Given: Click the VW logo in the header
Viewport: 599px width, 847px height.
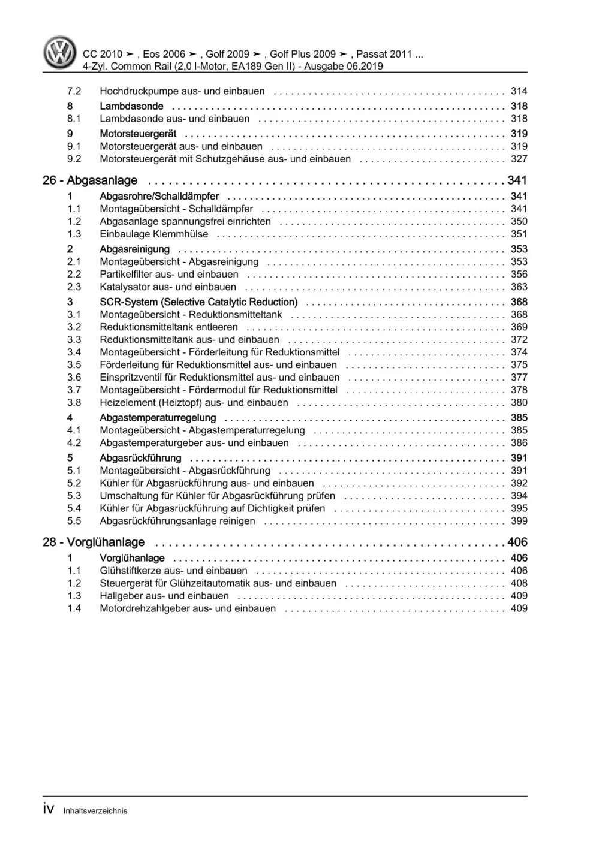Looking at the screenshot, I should pyautogui.click(x=60, y=53).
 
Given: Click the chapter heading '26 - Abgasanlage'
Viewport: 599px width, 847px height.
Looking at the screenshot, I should pyautogui.click(x=90, y=180).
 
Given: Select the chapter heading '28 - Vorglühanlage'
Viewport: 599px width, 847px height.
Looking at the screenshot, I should pyautogui.click(x=94, y=542).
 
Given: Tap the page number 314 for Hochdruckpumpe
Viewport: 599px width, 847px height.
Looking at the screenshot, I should pyautogui.click(x=519, y=91).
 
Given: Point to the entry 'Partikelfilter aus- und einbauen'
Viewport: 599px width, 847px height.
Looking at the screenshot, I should pyautogui.click(x=169, y=275).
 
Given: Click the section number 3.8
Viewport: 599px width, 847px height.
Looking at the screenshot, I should pyautogui.click(x=74, y=403).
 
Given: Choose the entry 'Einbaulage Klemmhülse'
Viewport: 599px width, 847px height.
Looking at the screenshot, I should pyautogui.click(x=154, y=234).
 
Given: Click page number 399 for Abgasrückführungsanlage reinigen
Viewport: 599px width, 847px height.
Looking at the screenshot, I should pyautogui.click(x=519, y=521).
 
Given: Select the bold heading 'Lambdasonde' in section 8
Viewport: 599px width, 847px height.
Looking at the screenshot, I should pyautogui.click(x=131, y=106).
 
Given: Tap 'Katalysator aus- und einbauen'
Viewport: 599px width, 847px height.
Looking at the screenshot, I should pyautogui.click(x=168, y=287).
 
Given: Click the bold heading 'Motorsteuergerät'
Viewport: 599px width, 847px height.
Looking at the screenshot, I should pyautogui.click(x=138, y=134).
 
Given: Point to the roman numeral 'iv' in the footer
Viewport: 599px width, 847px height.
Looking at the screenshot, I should pyautogui.click(x=49, y=810).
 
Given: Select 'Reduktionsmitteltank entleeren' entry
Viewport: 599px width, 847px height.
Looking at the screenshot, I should pyautogui.click(x=168, y=327).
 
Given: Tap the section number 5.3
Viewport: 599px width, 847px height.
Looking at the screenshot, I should pyautogui.click(x=74, y=496).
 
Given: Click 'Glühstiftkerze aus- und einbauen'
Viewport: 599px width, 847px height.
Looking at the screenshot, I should pyautogui.click(x=173, y=571).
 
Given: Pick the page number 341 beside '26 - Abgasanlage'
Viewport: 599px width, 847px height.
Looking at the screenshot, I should pyautogui.click(x=517, y=180).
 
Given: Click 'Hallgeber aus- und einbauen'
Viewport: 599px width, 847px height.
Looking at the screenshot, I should pyautogui.click(x=164, y=596).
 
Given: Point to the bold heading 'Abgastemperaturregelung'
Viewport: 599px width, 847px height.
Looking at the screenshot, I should pyautogui.click(x=158, y=418).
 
